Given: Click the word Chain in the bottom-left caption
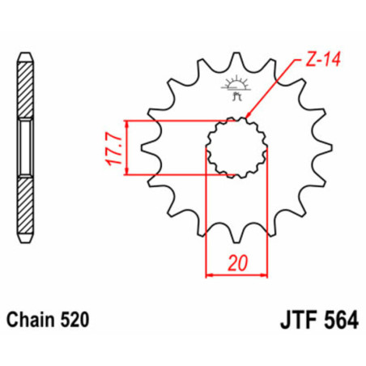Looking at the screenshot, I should click(35, 320).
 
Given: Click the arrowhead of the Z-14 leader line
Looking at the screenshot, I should click(246, 119).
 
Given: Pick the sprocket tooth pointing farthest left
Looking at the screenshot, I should click(147, 148).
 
